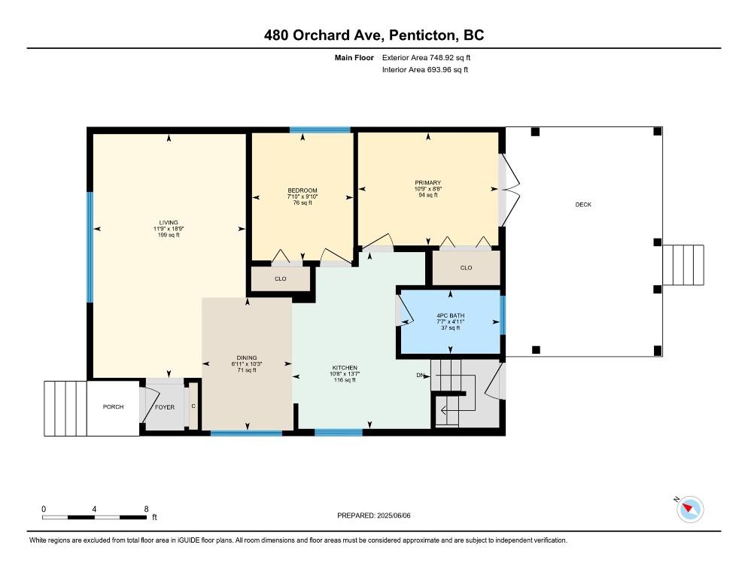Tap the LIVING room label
pyautogui.click(x=169, y=223)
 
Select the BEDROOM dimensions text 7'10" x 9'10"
pyautogui.click(x=303, y=196)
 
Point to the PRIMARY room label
pyautogui.click(x=428, y=183)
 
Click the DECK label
pyautogui.click(x=583, y=204)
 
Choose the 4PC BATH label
pyautogui.click(x=450, y=315)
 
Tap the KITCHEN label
pyautogui.click(x=345, y=368)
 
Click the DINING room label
pyautogui.click(x=247, y=358)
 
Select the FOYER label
pyautogui.click(x=165, y=407)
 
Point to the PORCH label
pyautogui.click(x=113, y=406)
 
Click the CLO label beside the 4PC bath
pyautogui.click(x=466, y=268)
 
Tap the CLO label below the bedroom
pyautogui.click(x=281, y=278)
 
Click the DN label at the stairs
pyautogui.click(x=420, y=375)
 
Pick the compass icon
pyautogui.click(x=690, y=509)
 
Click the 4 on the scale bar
pyautogui.click(x=95, y=510)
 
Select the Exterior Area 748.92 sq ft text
pyautogui.click(x=426, y=58)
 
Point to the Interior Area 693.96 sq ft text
pyautogui.click(x=425, y=70)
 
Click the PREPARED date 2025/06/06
pyautogui.click(x=394, y=516)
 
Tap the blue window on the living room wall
pyautogui.click(x=90, y=248)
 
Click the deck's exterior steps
pyautogui.click(x=683, y=265)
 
